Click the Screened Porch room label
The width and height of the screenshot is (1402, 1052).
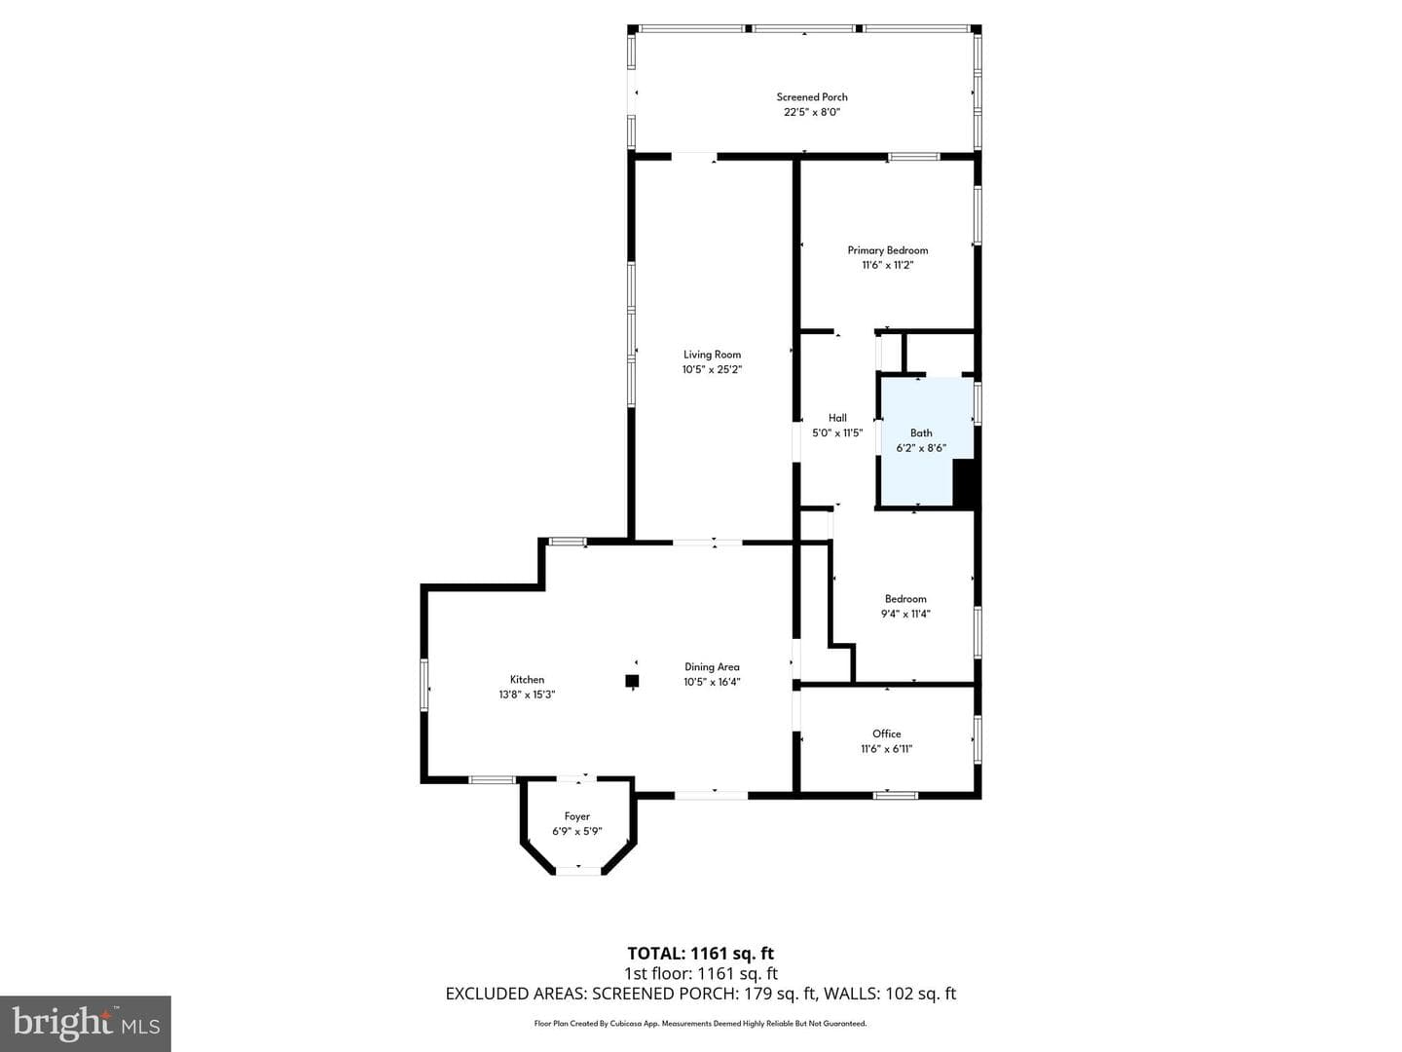tap(812, 97)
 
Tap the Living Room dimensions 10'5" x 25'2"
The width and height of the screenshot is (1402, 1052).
tap(712, 369)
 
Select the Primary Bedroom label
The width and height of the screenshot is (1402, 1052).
tap(887, 250)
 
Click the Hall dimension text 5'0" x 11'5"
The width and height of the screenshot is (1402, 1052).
tap(837, 432)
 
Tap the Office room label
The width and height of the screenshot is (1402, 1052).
tap(887, 733)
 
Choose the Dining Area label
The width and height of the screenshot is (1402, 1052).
tap(712, 667)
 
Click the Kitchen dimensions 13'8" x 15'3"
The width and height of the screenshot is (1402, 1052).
tap(527, 695)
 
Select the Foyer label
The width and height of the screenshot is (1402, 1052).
tap(576, 816)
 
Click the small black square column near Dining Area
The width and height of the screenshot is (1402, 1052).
tap(632, 681)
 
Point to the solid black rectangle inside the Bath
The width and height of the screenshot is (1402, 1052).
tap(963, 483)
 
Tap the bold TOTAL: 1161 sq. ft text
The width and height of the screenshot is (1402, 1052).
tap(701, 954)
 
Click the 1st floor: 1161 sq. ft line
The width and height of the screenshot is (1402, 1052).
tap(701, 973)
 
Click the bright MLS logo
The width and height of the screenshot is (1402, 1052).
tap(86, 1024)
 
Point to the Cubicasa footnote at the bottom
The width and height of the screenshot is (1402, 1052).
tap(700, 1024)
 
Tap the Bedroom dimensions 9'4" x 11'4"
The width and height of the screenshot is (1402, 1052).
tap(905, 614)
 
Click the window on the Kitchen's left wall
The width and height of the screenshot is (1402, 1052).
tap(424, 685)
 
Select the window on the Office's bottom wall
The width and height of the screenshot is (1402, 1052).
tap(896, 795)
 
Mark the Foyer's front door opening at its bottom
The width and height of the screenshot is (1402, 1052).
tap(578, 871)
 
